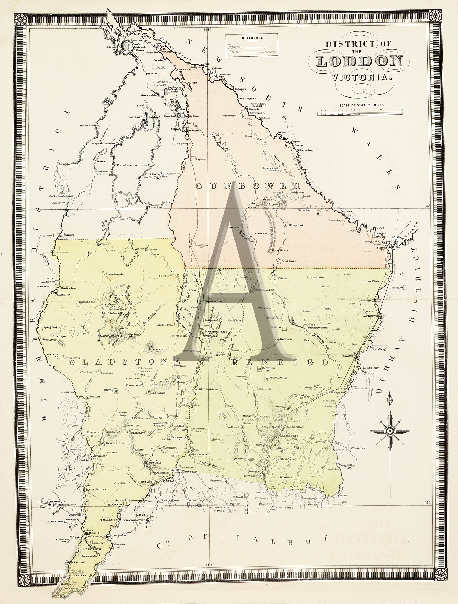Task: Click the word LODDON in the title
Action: (x=359, y=62)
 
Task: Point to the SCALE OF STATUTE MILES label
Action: (x=361, y=105)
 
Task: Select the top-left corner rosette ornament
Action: (x=20, y=20)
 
